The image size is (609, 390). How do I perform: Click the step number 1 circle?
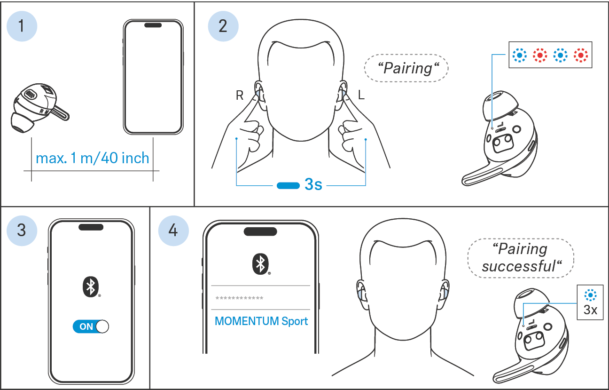[x=22, y=26]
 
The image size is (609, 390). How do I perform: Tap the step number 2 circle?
[x=223, y=26]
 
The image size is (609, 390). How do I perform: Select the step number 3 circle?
[x=22, y=231]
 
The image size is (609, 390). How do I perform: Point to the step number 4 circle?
[x=173, y=231]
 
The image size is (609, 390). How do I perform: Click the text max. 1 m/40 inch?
[x=93, y=158]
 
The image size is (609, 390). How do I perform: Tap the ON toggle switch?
[x=91, y=326]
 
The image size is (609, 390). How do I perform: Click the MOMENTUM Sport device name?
[x=261, y=321]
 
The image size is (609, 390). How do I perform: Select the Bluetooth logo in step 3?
[x=91, y=287]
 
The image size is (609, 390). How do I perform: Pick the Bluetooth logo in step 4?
[x=261, y=264]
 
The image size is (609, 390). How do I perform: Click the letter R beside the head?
[x=240, y=95]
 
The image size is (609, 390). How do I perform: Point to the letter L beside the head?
[x=361, y=95]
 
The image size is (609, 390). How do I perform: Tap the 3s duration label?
[x=313, y=184]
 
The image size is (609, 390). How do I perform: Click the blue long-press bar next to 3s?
[x=288, y=186]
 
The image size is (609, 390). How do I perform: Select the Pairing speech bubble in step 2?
[x=406, y=68]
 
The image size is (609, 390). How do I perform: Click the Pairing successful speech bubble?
[x=521, y=258]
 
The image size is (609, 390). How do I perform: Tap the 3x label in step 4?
[x=590, y=310]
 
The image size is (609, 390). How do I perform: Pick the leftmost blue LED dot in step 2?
[x=520, y=55]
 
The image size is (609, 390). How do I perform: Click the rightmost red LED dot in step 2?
[x=581, y=55]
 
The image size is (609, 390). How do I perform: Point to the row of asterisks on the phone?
[x=239, y=298]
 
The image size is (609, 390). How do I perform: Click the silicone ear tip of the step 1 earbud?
[x=22, y=123]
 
